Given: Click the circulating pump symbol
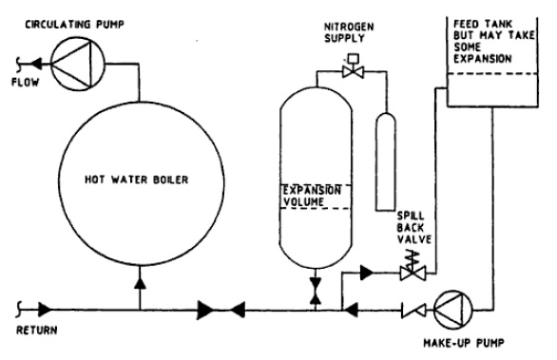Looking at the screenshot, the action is click(78, 65).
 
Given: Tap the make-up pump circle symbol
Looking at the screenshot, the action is click(453, 311).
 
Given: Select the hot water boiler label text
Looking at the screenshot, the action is click(137, 180).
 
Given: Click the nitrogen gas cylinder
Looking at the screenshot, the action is click(386, 161).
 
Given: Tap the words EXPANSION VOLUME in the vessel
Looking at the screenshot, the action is click(312, 196).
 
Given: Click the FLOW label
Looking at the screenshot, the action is click(26, 83).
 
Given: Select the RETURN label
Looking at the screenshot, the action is click(36, 331).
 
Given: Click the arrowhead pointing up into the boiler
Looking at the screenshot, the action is click(141, 283).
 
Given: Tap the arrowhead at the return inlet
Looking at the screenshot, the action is click(45, 310).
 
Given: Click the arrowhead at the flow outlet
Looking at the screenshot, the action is click(37, 65).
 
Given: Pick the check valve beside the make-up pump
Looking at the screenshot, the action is click(413, 311).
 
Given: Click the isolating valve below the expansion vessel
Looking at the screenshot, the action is click(315, 291).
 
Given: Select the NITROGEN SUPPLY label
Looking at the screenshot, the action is click(349, 32).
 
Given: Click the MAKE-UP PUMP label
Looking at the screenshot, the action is click(464, 343).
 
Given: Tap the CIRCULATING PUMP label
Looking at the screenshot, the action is click(74, 25).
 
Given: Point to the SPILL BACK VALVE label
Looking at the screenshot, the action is click(414, 228).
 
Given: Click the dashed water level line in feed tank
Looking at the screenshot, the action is click(492, 73).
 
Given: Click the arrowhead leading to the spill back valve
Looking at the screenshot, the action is click(366, 273).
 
